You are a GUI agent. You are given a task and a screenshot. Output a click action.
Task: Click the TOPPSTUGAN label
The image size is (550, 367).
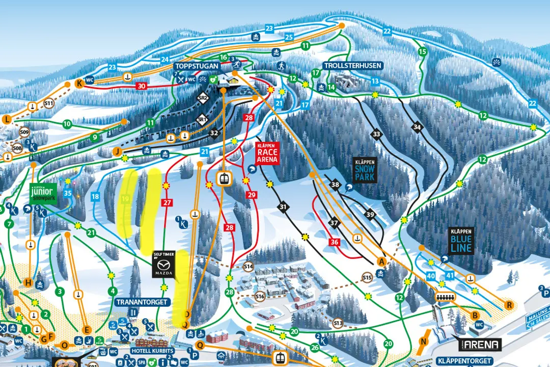point(197,66)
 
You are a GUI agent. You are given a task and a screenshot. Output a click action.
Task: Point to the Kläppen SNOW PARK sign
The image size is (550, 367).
point(365,170)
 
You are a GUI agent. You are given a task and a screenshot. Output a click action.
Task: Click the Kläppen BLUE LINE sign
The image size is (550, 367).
point(462,241)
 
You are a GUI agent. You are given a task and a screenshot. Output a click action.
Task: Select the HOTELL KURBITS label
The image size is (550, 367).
point(152,351)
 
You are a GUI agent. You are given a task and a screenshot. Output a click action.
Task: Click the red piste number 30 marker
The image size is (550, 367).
point(141,86)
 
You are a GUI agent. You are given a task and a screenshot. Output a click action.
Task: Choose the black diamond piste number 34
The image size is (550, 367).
point(418,127)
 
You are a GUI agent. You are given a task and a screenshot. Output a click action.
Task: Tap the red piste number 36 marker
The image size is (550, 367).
point(334,242)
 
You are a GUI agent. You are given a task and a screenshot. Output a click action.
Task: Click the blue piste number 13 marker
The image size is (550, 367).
point(375,82)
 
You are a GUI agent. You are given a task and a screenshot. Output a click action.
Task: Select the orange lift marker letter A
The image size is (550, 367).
point(379,261)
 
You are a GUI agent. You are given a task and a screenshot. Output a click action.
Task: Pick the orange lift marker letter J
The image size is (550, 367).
point(117,151)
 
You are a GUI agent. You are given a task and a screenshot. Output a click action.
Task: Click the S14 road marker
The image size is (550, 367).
point(249,266)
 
